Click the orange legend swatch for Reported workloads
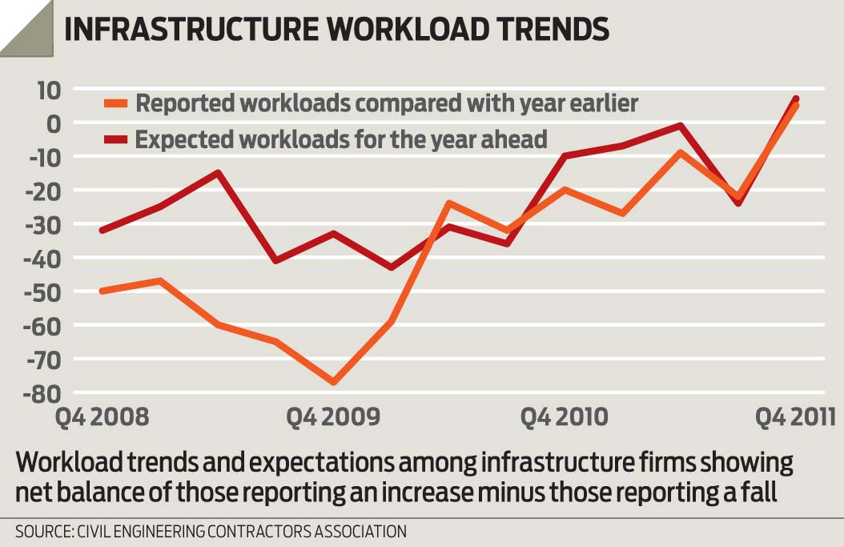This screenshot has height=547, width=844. (117, 104)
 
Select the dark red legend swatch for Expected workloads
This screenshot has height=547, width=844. (117, 139)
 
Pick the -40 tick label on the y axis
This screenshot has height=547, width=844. (44, 258)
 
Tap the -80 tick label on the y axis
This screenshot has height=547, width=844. (44, 393)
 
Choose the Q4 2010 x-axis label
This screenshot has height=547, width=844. (565, 417)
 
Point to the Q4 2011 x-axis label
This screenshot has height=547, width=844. (796, 417)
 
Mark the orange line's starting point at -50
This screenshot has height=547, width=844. (101, 291)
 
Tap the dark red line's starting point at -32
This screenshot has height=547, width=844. (101, 231)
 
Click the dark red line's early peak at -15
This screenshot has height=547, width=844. (218, 172)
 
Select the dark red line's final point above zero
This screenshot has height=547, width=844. (795, 99)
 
